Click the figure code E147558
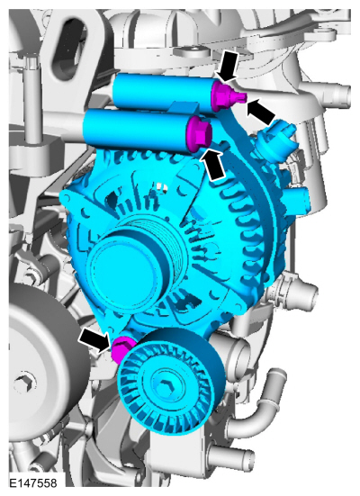33,483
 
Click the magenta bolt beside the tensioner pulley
121,348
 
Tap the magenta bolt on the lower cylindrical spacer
199,133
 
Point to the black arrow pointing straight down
228,67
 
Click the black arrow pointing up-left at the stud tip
262,112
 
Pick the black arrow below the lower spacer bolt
214,165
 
